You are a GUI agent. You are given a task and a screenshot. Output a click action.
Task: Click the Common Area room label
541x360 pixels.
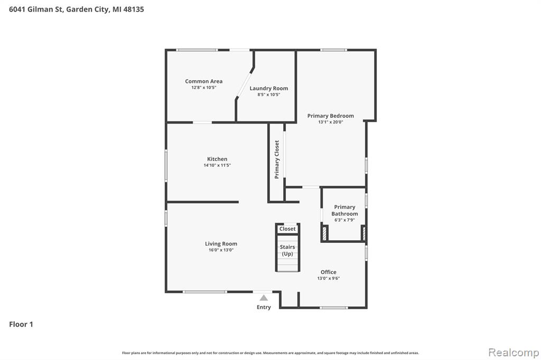point(203,81)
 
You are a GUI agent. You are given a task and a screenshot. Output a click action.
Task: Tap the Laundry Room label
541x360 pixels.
point(269,89)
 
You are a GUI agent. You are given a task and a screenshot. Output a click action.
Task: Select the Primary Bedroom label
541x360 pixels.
point(331,116)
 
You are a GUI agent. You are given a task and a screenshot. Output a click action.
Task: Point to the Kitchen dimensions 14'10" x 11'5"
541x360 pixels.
point(217,165)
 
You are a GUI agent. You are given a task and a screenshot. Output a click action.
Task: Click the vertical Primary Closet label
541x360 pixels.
point(277,159)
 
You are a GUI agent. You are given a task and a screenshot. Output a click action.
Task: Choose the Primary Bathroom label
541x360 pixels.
point(344,210)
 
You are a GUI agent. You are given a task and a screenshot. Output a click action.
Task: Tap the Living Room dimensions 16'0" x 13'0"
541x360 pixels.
point(221,250)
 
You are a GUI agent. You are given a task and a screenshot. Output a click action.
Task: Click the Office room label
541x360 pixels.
point(329,272)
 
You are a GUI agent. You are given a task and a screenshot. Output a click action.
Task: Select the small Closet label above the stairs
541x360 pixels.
point(287,229)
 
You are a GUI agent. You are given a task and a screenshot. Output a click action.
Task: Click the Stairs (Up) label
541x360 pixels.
point(287,250)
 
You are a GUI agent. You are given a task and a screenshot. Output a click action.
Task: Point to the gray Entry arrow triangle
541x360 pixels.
point(264,298)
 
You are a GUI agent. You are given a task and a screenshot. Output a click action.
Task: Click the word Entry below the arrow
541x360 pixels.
point(264,307)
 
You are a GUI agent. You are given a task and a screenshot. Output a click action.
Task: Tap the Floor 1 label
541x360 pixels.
point(21,324)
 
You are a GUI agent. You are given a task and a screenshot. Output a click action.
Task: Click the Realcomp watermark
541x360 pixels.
point(514,353)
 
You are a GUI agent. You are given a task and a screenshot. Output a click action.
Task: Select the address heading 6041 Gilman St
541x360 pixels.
point(36,10)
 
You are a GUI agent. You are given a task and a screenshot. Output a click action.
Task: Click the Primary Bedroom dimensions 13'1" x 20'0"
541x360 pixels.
point(331,122)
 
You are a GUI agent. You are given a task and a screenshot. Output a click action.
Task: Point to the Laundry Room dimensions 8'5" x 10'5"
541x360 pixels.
point(269,94)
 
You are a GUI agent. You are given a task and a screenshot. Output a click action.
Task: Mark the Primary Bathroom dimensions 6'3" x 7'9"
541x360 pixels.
point(344,220)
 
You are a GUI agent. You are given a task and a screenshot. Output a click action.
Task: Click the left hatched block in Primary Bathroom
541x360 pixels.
point(324,233)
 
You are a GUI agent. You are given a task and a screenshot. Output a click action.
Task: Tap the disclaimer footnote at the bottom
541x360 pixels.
point(270,353)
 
